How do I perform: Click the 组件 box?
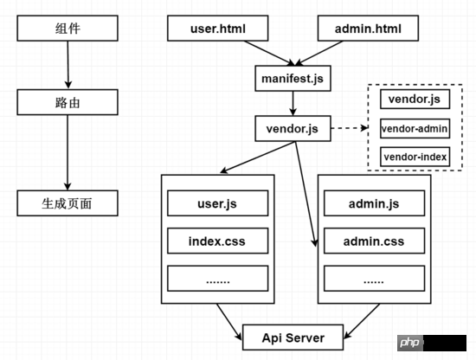pos(68,29)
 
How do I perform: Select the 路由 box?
pos(68,102)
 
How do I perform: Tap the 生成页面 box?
pos(68,203)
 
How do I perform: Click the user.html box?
pos(217,29)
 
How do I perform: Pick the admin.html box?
pos(368,29)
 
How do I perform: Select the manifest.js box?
pos(293,78)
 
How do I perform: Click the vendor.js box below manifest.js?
pos(293,128)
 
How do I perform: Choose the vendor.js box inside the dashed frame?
pos(415,99)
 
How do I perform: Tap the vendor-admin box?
pos(415,128)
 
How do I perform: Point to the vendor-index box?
pos(415,157)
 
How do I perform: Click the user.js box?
pos(217,203)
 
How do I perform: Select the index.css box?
pos(217,241)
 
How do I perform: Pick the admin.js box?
pos(374,203)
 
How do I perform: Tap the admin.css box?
pos(374,241)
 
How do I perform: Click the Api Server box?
pos(293,337)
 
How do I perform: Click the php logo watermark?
pos(410,343)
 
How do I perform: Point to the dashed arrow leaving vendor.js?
pos(350,128)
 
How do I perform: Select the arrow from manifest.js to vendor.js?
pos(293,103)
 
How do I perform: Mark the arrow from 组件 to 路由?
pos(68,65)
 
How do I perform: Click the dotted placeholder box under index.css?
pos(217,279)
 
